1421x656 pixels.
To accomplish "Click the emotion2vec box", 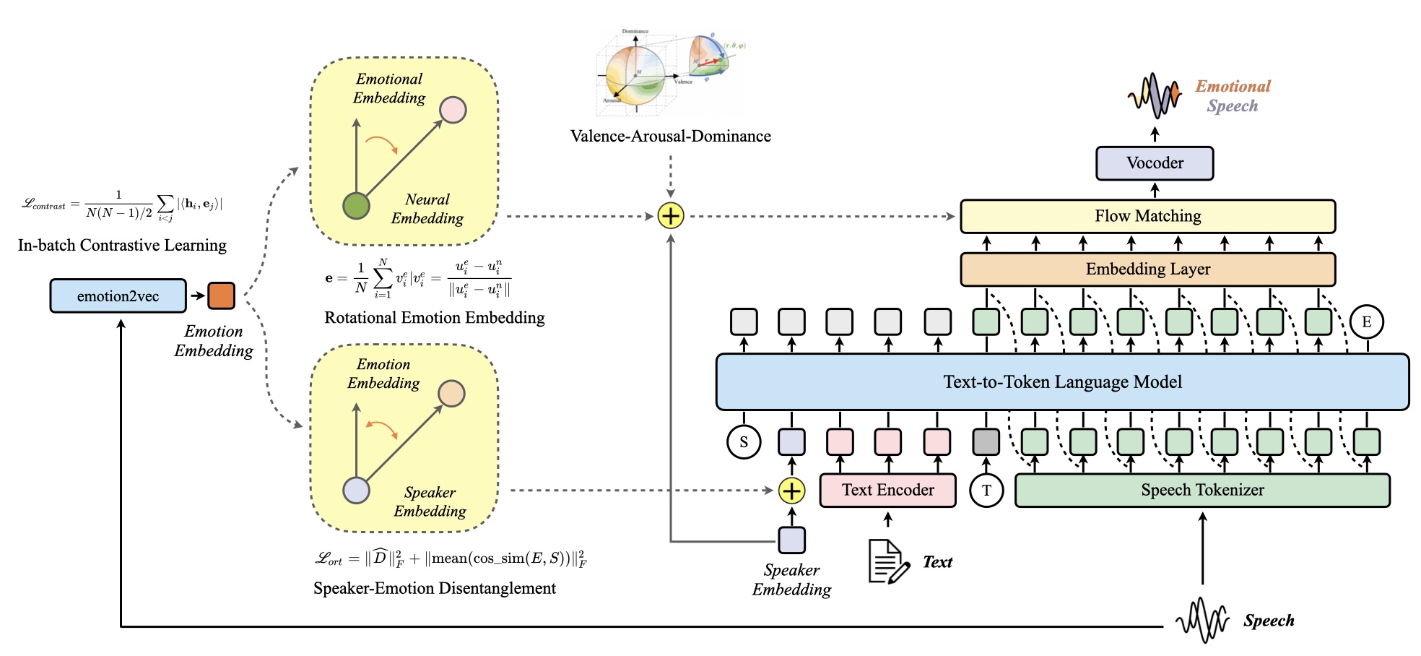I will click(118, 296).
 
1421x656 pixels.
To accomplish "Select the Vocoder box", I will click(1154, 163).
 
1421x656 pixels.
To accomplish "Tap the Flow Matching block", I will click(1147, 216).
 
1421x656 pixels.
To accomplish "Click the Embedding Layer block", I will click(1147, 269).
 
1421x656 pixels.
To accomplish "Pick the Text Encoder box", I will click(887, 491).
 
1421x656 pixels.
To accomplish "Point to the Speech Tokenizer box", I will click(1201, 491).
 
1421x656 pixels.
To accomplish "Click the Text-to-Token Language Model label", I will click(1062, 382).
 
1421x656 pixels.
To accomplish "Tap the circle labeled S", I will click(744, 442).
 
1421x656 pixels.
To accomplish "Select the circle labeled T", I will click(986, 491).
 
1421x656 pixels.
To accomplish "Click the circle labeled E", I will click(1366, 322).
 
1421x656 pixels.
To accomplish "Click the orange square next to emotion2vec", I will click(221, 296).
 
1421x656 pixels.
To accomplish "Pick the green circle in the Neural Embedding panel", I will click(356, 206).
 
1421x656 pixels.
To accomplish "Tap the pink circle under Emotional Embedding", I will click(453, 110).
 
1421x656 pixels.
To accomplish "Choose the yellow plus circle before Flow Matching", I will click(671, 216).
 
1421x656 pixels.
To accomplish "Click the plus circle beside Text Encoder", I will click(791, 491).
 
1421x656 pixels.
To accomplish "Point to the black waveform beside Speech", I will click(1201, 620).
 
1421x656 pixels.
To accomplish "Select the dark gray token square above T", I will click(986, 442).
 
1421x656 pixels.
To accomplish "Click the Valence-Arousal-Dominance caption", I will click(670, 137).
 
